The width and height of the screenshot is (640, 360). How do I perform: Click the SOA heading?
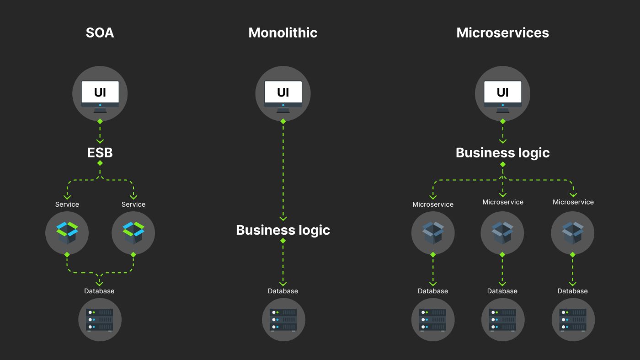click(x=100, y=33)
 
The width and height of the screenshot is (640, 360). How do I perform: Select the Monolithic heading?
click(x=283, y=33)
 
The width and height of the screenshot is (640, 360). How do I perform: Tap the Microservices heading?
click(x=502, y=33)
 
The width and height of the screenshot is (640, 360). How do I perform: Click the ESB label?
click(x=100, y=152)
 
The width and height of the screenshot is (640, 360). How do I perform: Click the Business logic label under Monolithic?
click(x=283, y=230)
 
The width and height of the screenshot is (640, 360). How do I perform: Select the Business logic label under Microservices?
click(x=502, y=153)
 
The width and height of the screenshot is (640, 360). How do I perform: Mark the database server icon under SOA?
click(x=100, y=319)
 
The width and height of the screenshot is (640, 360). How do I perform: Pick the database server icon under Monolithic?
click(x=283, y=319)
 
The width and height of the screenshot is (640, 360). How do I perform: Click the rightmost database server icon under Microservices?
click(x=572, y=319)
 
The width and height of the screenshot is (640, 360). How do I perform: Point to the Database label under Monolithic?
click(x=283, y=291)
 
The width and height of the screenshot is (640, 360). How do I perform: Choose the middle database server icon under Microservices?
click(x=502, y=319)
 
